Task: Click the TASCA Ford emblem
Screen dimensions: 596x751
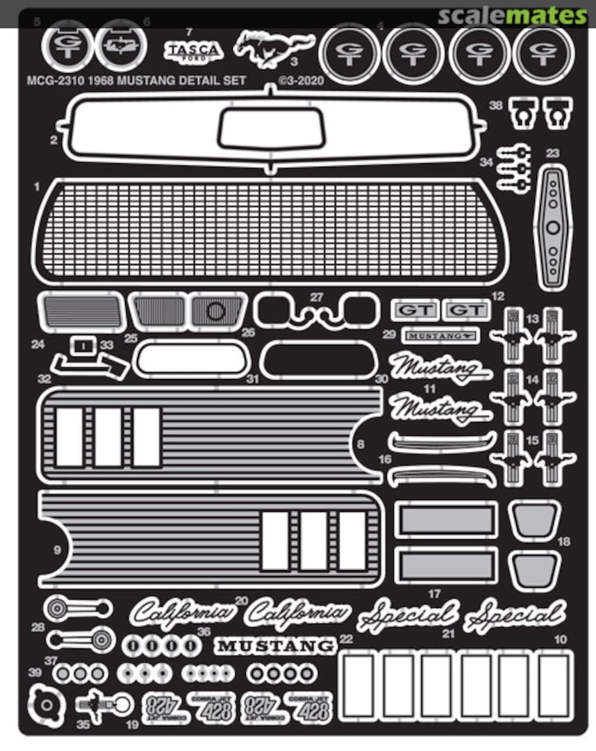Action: (193, 51)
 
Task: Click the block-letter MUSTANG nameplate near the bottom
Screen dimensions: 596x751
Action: (275, 646)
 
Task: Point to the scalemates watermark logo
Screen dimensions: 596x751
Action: (513, 15)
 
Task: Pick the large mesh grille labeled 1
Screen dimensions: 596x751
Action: (269, 229)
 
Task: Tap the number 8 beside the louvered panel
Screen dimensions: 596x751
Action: (360, 444)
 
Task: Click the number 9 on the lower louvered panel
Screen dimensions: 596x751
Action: (57, 550)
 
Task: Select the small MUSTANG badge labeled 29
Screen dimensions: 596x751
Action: (441, 336)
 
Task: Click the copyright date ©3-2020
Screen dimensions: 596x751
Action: (301, 81)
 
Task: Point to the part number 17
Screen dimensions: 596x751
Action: (436, 594)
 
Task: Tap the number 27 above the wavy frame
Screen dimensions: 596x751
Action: (317, 297)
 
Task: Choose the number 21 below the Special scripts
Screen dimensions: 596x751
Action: (448, 633)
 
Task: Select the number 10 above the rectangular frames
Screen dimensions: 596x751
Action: (561, 638)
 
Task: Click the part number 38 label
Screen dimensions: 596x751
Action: (495, 105)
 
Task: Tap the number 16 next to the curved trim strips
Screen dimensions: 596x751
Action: (385, 460)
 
